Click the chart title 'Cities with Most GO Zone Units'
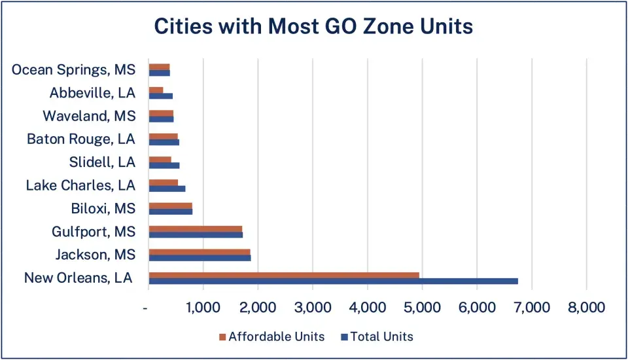[x=313, y=27]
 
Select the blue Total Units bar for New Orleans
[x=333, y=281]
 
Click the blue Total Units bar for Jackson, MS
[x=200, y=258]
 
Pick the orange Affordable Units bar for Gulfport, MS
[x=195, y=228]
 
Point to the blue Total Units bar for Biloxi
[x=170, y=211]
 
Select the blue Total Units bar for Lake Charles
[x=167, y=189]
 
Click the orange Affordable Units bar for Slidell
[x=160, y=159]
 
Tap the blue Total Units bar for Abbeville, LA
[x=160, y=96]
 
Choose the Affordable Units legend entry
[x=271, y=336]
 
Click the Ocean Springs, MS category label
[x=73, y=69]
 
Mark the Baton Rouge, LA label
[x=80, y=139]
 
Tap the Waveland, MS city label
[x=89, y=116]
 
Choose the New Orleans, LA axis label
[x=78, y=278]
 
